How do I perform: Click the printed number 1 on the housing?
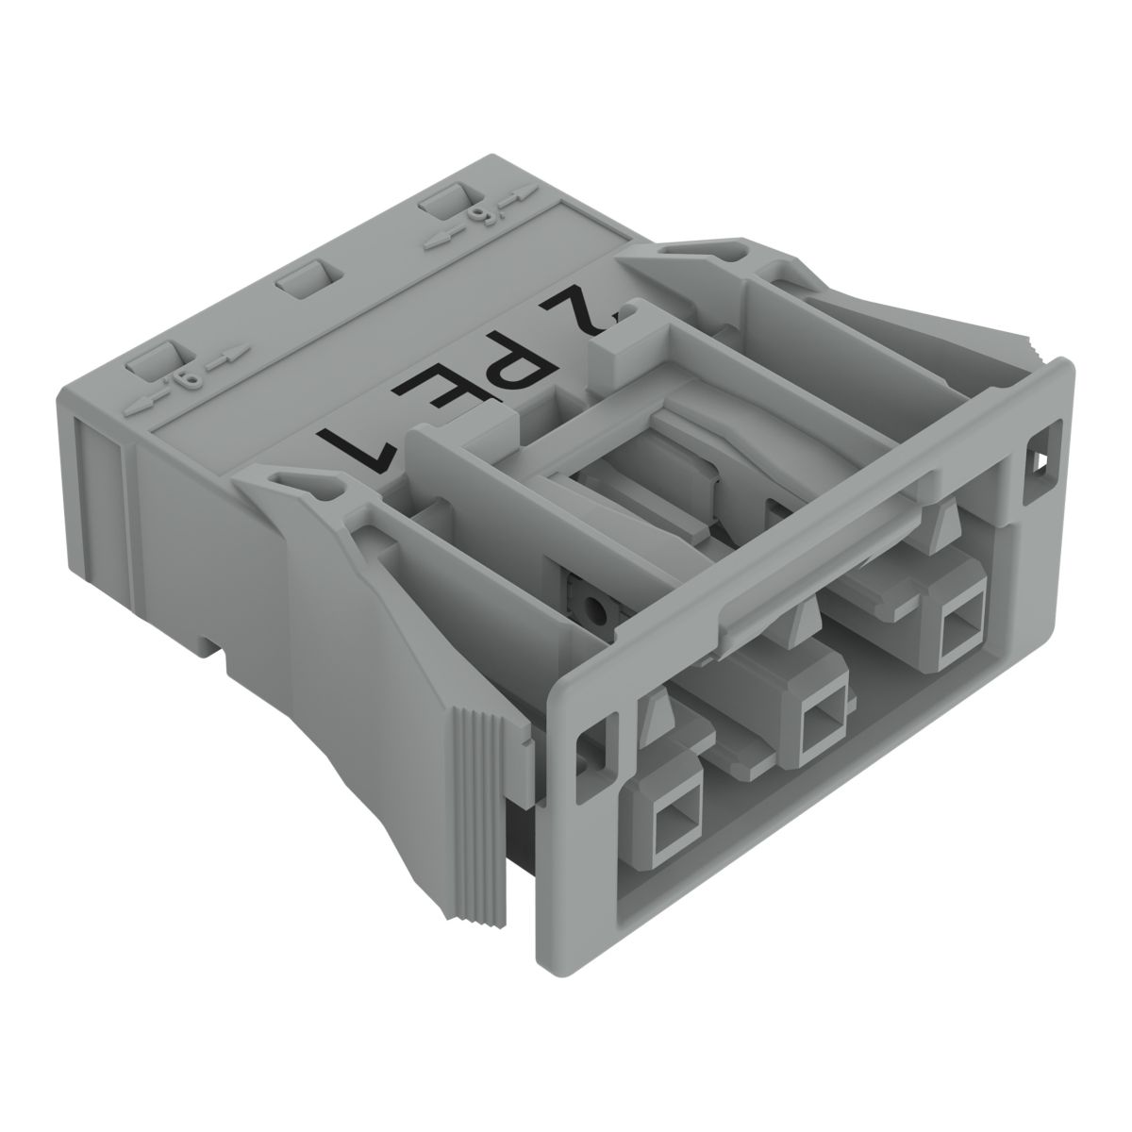coord(354,440)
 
